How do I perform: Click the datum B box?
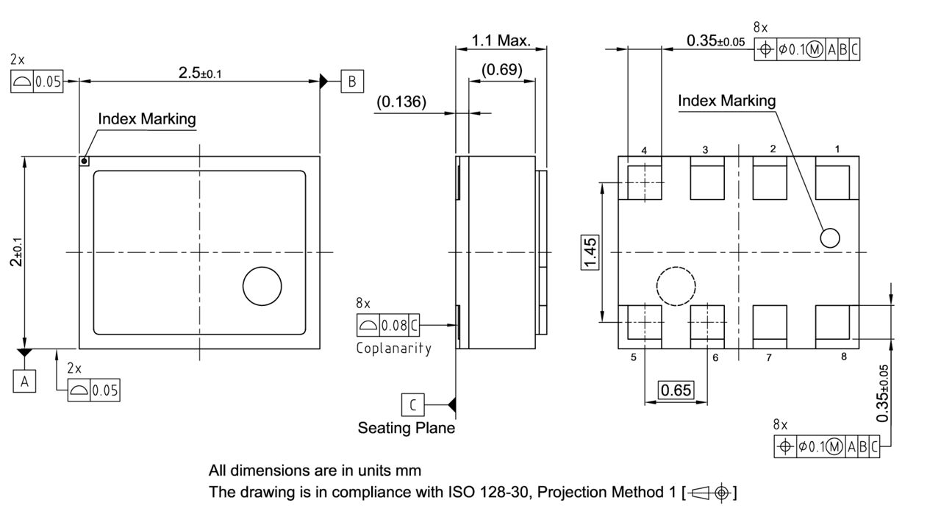[352, 81]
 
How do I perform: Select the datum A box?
[24, 382]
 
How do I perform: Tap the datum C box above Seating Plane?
[412, 404]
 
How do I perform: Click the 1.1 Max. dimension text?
[501, 40]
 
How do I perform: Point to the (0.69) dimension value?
[502, 70]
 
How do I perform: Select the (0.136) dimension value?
[401, 101]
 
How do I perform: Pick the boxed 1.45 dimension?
[590, 253]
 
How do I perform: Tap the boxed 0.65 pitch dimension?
[676, 390]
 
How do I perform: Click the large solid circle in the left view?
[262, 286]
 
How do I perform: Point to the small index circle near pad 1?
[830, 238]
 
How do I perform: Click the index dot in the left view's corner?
[85, 161]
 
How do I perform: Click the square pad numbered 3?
[707, 182]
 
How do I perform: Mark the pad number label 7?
[769, 358]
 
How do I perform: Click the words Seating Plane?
[407, 427]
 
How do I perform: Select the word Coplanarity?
[393, 348]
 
